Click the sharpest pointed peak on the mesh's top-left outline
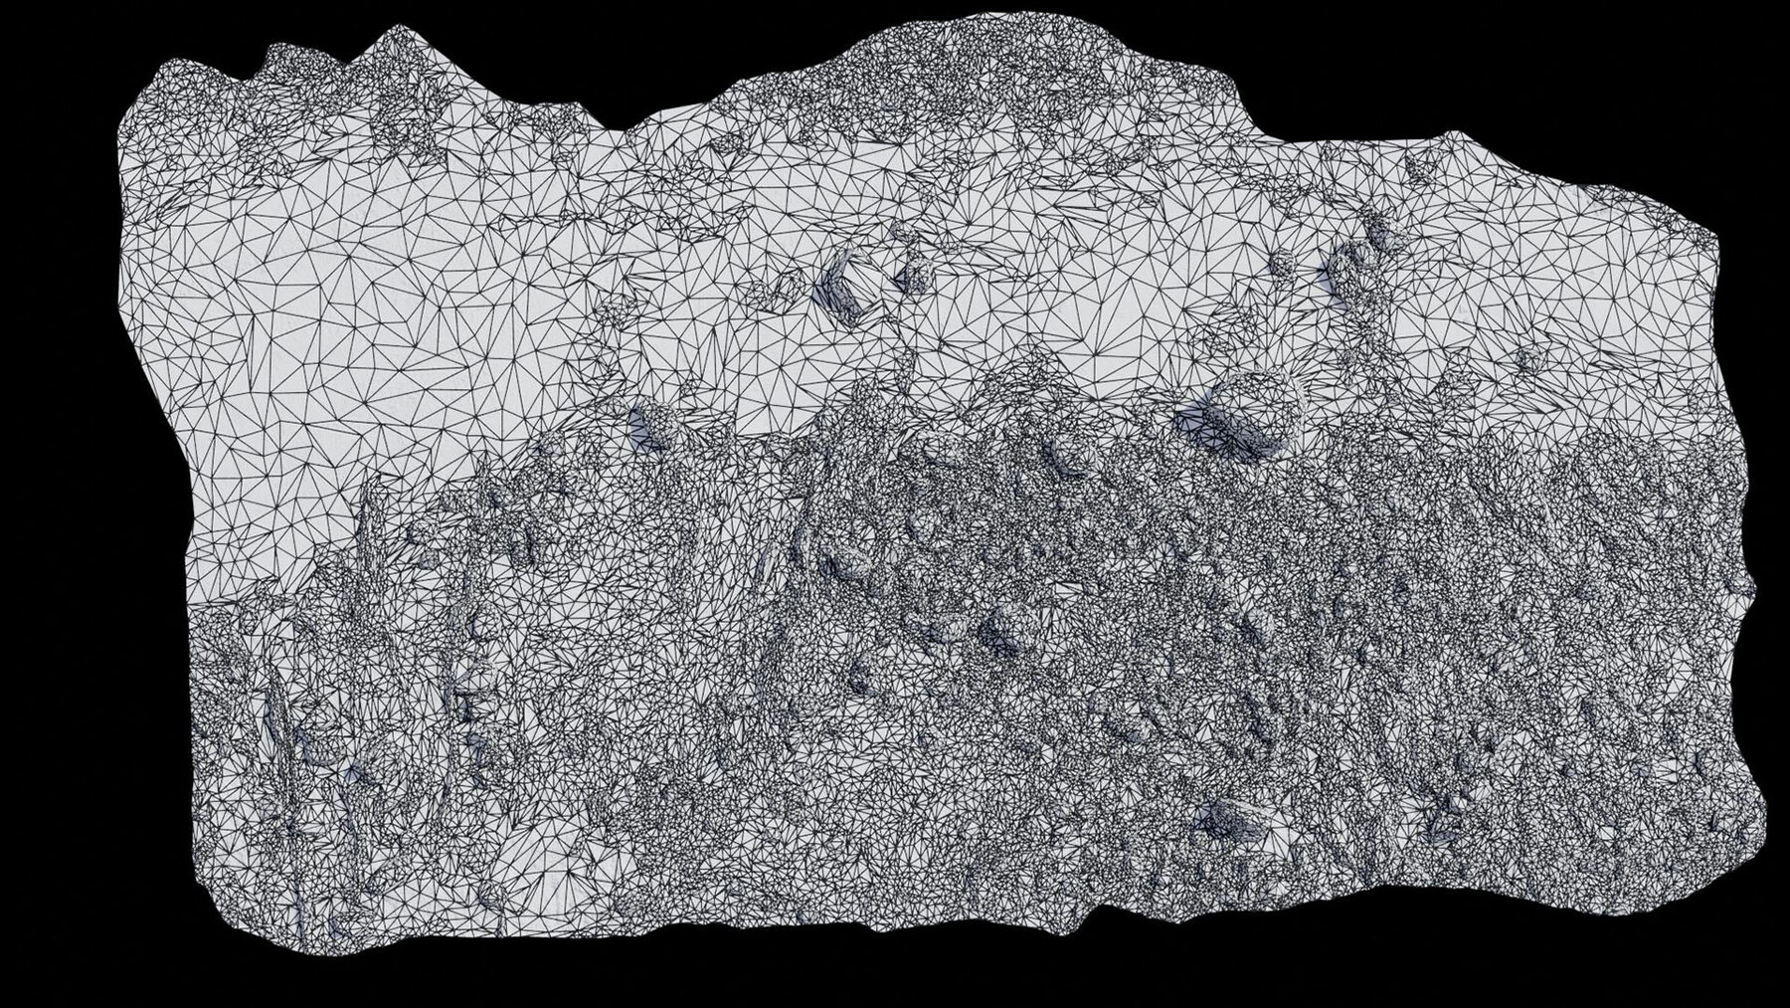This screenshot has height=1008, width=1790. click(382, 31)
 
